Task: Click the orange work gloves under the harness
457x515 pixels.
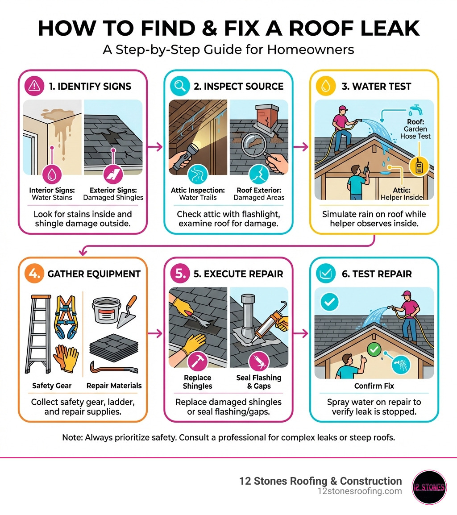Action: point(66,357)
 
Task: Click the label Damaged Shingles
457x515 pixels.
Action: point(113,197)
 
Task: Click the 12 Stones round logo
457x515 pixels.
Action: point(429,487)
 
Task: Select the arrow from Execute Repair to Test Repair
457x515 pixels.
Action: point(302,332)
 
